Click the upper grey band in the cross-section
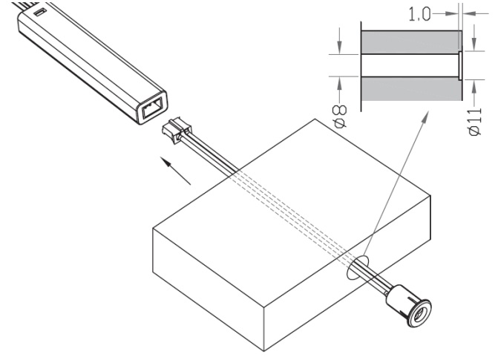(410, 42)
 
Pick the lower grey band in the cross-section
(410, 89)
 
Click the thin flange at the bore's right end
(461, 65)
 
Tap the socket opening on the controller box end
(149, 108)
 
